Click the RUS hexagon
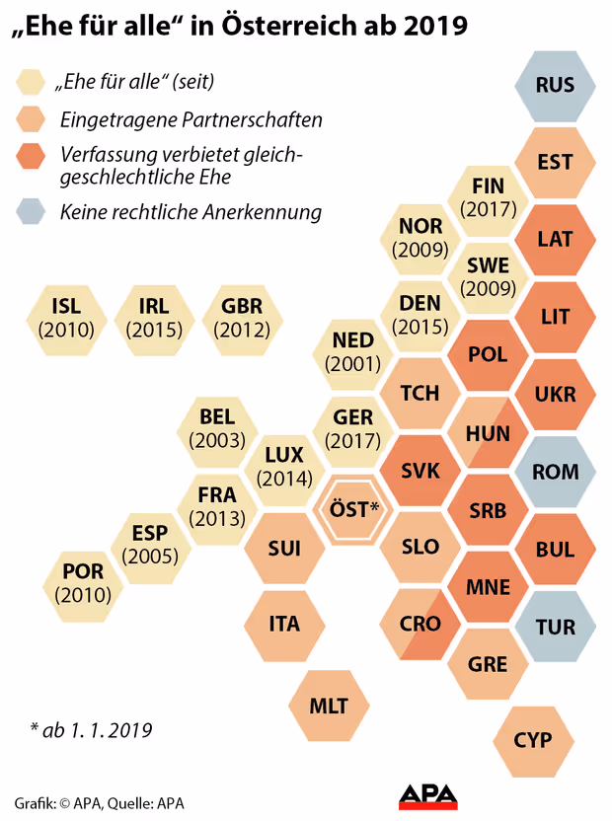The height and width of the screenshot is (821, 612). click(555, 85)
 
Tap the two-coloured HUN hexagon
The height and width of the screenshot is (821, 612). click(488, 432)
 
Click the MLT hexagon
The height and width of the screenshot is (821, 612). click(329, 706)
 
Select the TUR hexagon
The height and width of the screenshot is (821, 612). click(555, 626)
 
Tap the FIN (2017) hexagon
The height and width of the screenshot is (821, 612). click(488, 198)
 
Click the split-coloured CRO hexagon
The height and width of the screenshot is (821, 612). click(421, 625)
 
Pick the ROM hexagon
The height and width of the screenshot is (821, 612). click(555, 472)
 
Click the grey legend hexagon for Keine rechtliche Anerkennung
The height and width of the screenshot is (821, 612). click(31, 211)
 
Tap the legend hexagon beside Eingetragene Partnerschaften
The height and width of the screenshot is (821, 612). click(31, 120)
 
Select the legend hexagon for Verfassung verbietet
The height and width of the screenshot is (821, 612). click(31, 157)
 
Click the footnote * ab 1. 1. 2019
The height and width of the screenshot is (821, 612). click(91, 731)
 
